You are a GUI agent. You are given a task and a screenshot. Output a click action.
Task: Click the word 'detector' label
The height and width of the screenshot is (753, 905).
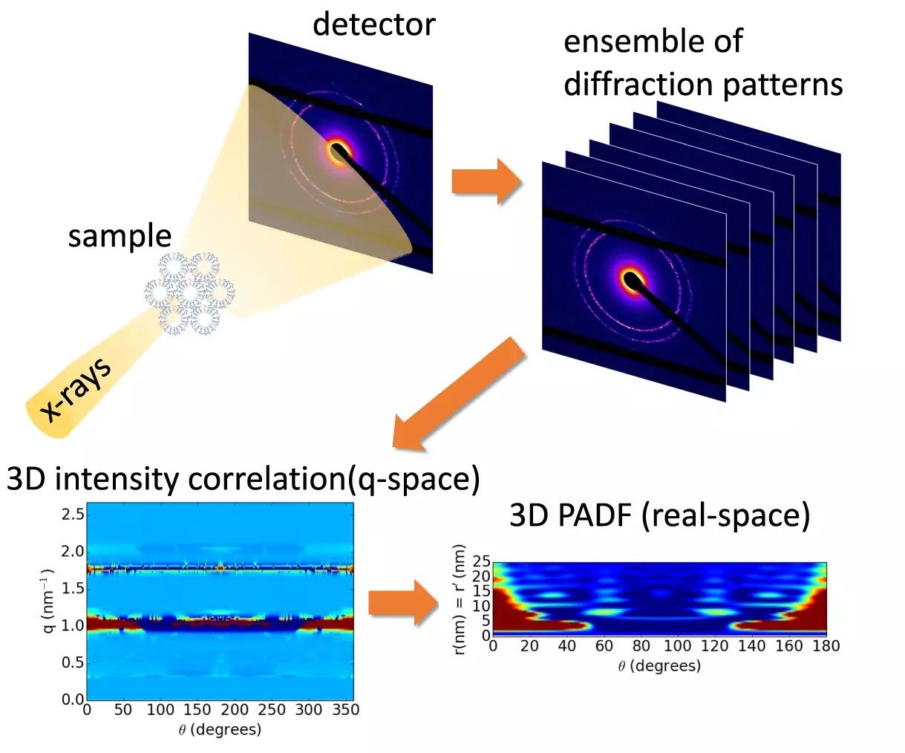point(373,24)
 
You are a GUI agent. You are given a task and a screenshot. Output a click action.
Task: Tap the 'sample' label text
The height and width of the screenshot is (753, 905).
point(120,236)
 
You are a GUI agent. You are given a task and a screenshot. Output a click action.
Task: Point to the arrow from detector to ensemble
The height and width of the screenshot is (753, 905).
point(486,181)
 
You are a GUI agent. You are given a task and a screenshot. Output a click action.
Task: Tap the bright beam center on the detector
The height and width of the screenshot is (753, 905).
point(339,152)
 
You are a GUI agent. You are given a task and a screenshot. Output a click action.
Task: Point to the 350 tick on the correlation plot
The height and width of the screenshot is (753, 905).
point(345,710)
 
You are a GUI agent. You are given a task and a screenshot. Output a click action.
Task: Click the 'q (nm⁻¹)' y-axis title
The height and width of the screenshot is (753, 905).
point(48,602)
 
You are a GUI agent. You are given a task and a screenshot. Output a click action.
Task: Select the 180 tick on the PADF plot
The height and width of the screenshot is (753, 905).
point(826,646)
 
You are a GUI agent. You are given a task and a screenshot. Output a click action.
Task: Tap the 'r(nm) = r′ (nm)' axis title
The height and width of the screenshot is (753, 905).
point(461,600)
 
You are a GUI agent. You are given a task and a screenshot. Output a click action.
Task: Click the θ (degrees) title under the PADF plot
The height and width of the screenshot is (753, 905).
point(659,666)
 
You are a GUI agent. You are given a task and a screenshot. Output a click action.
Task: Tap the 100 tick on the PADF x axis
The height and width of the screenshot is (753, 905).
point(677,646)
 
